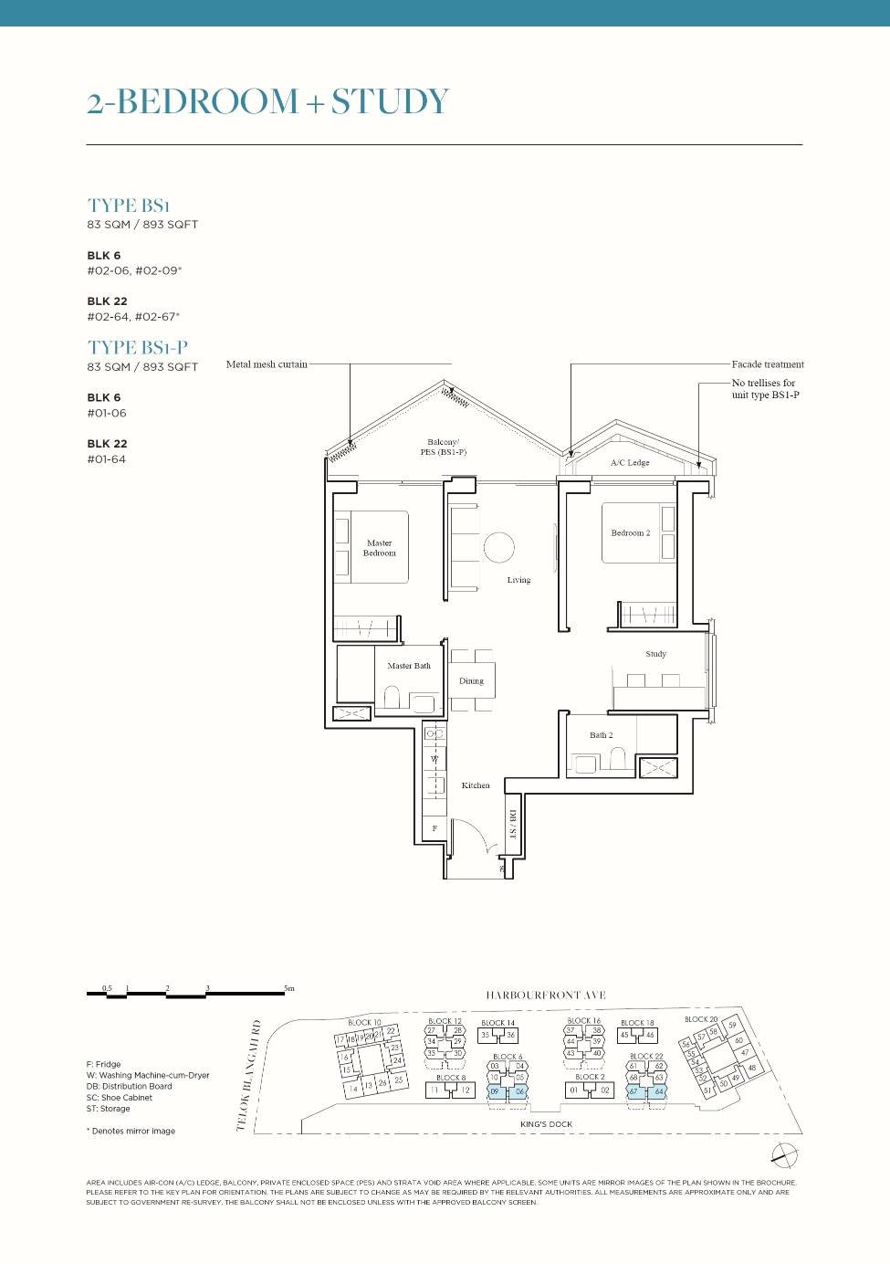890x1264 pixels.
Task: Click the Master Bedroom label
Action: coord(380,548)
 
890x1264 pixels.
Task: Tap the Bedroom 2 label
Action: coord(631,532)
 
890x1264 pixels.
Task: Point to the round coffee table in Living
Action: coord(498,548)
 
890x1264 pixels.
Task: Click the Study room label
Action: coord(655,654)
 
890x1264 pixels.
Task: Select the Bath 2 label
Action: coord(601,735)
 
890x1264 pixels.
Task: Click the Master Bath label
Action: coord(408,666)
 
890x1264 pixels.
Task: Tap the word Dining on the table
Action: coord(471,681)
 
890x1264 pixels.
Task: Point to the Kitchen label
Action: coord(476,785)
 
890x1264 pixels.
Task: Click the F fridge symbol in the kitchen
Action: coord(435,828)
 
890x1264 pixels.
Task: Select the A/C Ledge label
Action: coord(630,463)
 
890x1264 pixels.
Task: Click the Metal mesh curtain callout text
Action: coord(267,364)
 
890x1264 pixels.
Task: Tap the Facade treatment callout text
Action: coord(767,364)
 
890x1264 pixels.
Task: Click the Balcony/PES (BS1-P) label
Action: coord(443,447)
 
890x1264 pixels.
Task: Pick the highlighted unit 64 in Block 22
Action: coord(659,1091)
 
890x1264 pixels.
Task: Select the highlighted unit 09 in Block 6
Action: coord(495,1091)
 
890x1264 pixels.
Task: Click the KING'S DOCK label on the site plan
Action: coord(546,1124)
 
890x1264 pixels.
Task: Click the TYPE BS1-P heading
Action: coord(138,348)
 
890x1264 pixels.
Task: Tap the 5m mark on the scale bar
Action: coord(288,988)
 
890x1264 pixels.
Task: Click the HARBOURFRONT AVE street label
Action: coord(545,995)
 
